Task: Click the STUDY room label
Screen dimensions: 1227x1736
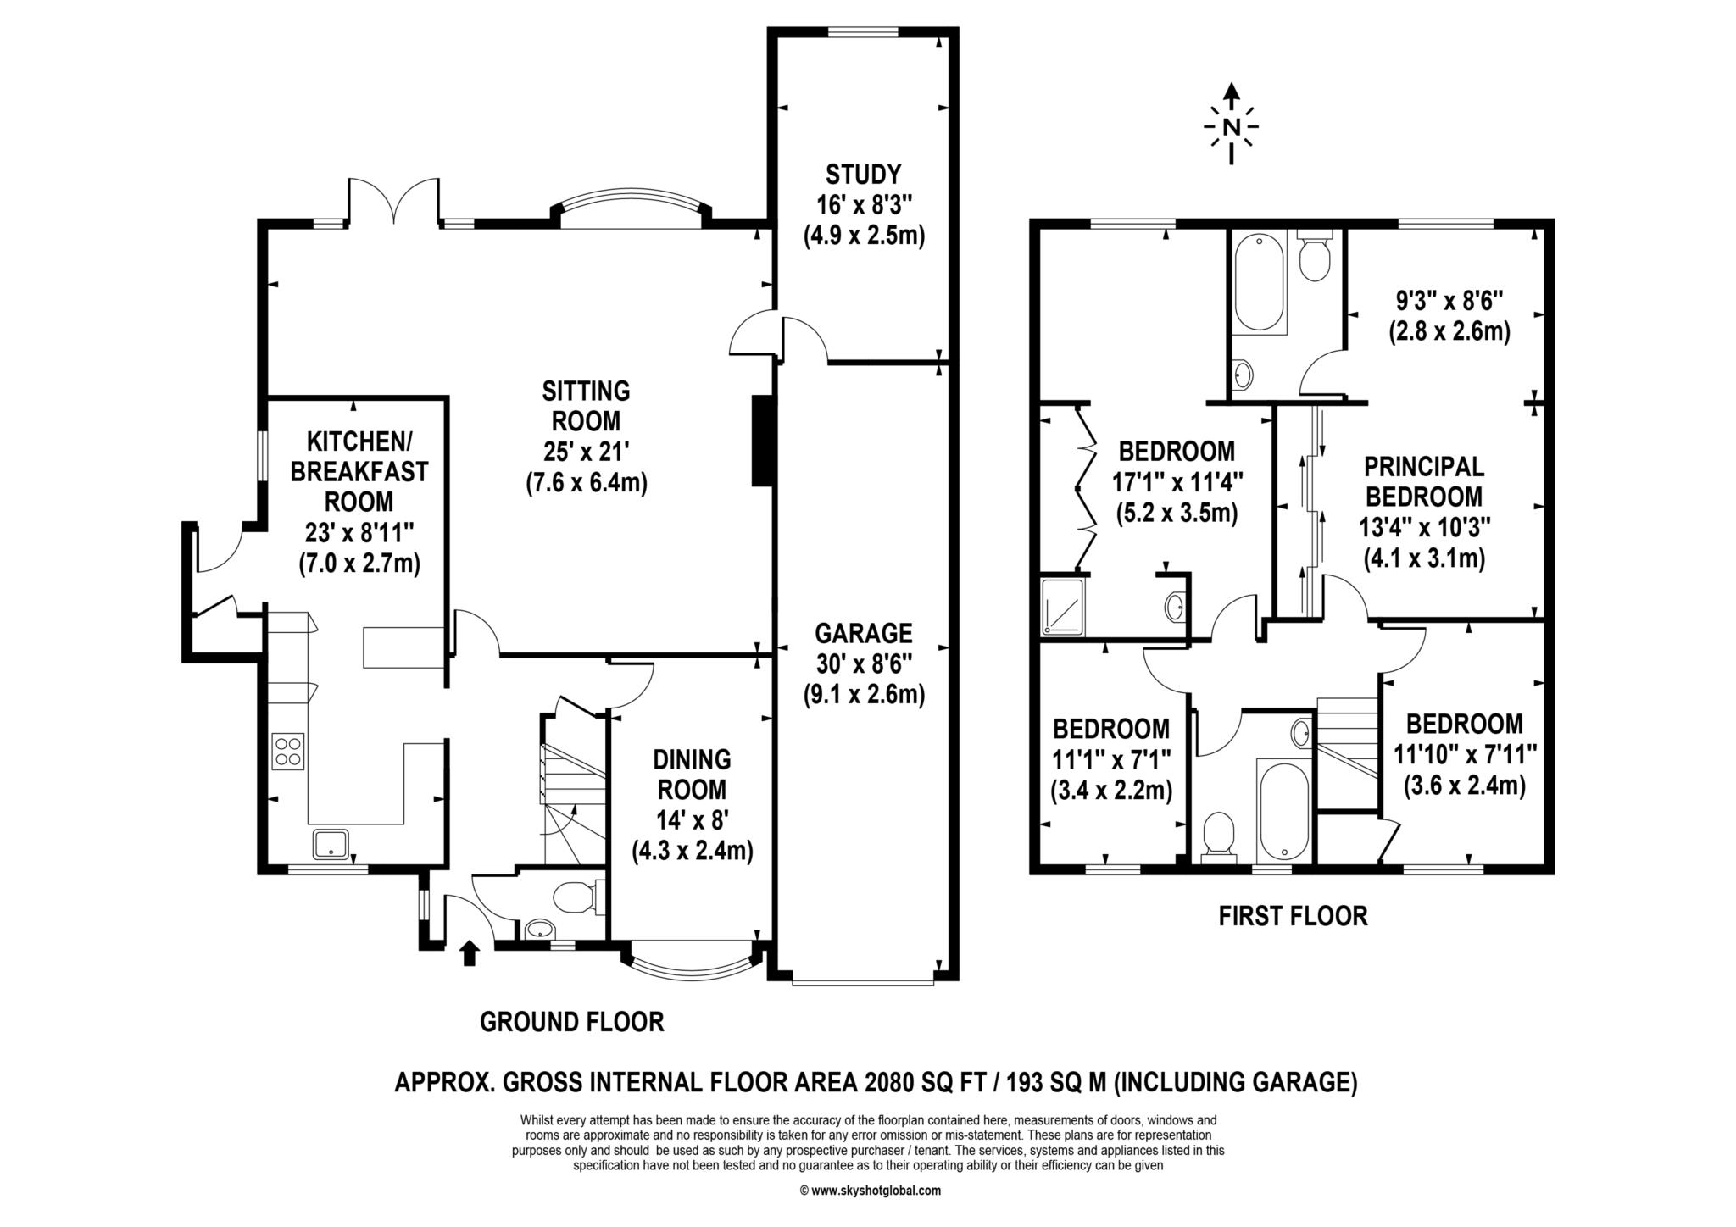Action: [863, 175]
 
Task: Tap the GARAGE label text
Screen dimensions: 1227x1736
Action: [863, 633]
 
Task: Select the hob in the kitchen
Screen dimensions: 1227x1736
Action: [288, 751]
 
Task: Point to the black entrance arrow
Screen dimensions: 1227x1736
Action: [468, 952]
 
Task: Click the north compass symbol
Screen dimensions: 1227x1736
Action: [1232, 126]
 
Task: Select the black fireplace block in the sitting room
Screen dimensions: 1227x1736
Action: [762, 441]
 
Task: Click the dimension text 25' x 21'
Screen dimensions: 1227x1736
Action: [586, 451]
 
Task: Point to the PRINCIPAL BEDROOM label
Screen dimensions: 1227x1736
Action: [1423, 480]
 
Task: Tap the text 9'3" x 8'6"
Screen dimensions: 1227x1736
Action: [1449, 300]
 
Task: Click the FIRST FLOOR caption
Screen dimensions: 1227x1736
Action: [1293, 916]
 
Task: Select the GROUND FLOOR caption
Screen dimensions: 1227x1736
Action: [571, 1022]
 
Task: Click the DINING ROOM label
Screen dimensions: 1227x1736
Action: [693, 775]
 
